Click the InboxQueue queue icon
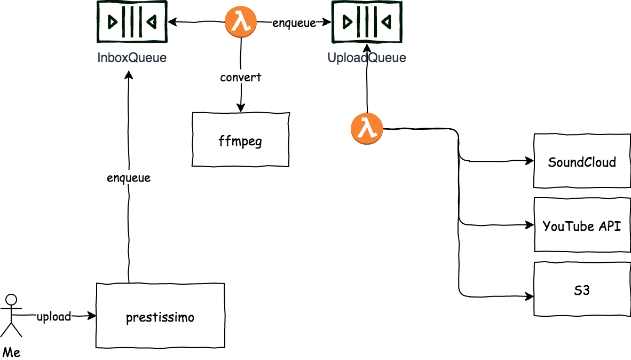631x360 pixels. [x=132, y=22]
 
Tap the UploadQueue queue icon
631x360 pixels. [x=367, y=22]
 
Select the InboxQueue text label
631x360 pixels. [x=132, y=58]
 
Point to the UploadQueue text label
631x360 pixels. [x=367, y=58]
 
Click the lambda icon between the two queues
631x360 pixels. [x=241, y=22]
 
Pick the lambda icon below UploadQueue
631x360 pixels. [x=367, y=128]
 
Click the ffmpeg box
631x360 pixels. [x=241, y=139]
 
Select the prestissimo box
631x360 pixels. [x=160, y=315]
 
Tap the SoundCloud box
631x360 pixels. [x=582, y=161]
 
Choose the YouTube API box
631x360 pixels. [x=582, y=225]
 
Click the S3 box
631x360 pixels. [x=582, y=289]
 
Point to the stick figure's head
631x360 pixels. [x=11, y=300]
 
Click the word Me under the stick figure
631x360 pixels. [x=11, y=353]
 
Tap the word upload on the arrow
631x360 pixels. [x=54, y=317]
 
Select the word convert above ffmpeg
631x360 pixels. [x=241, y=77]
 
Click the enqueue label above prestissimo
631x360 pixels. [x=129, y=178]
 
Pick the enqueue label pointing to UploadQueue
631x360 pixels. [x=294, y=23]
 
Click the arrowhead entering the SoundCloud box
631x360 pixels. [x=530, y=161]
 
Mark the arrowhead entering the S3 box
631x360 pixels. [x=530, y=297]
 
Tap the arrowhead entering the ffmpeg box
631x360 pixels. [x=241, y=108]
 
